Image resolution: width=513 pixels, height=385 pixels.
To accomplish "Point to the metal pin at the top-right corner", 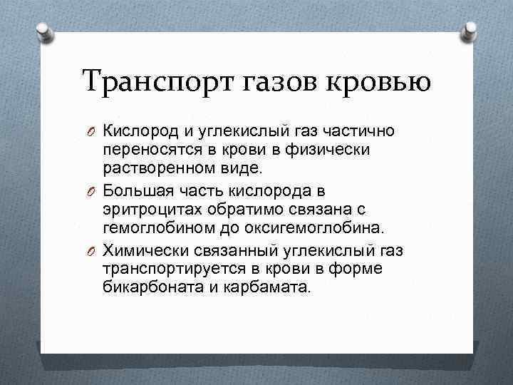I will tap(471, 30).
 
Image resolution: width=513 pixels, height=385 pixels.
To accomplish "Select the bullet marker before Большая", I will tap(93, 192).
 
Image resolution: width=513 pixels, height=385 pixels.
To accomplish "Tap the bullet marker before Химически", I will tap(93, 252).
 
